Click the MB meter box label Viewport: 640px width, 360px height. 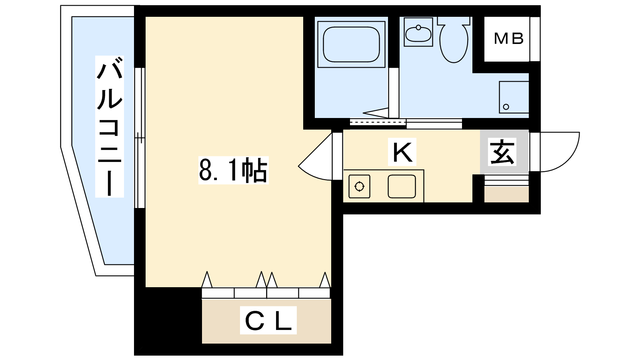click(x=508, y=38)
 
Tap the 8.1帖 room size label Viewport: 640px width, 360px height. click(x=233, y=170)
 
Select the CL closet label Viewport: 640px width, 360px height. click(x=268, y=320)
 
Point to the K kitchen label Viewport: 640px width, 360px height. click(x=402, y=152)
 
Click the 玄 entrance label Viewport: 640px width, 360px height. click(x=502, y=152)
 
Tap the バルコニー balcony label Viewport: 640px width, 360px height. click(x=110, y=126)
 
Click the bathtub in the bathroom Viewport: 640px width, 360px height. click(x=352, y=44)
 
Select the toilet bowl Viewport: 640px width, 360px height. click(x=454, y=40)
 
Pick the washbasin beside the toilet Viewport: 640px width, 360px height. click(x=418, y=32)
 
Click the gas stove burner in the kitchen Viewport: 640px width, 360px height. click(x=360, y=186)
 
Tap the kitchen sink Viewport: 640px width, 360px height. click(x=402, y=186)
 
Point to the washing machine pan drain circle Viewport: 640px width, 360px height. click(x=506, y=107)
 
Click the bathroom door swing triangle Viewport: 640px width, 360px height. click(x=376, y=113)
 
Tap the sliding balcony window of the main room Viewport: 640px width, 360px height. click(x=140, y=138)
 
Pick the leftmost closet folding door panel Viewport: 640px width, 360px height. click(x=218, y=293)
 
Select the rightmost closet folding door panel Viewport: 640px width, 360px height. click(x=314, y=293)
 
